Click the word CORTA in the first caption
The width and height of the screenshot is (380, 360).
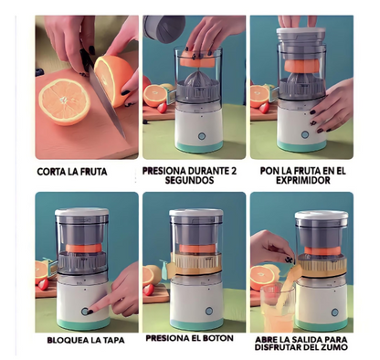(x=54, y=171)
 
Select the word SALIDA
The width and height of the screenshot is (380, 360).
(x=308, y=337)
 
